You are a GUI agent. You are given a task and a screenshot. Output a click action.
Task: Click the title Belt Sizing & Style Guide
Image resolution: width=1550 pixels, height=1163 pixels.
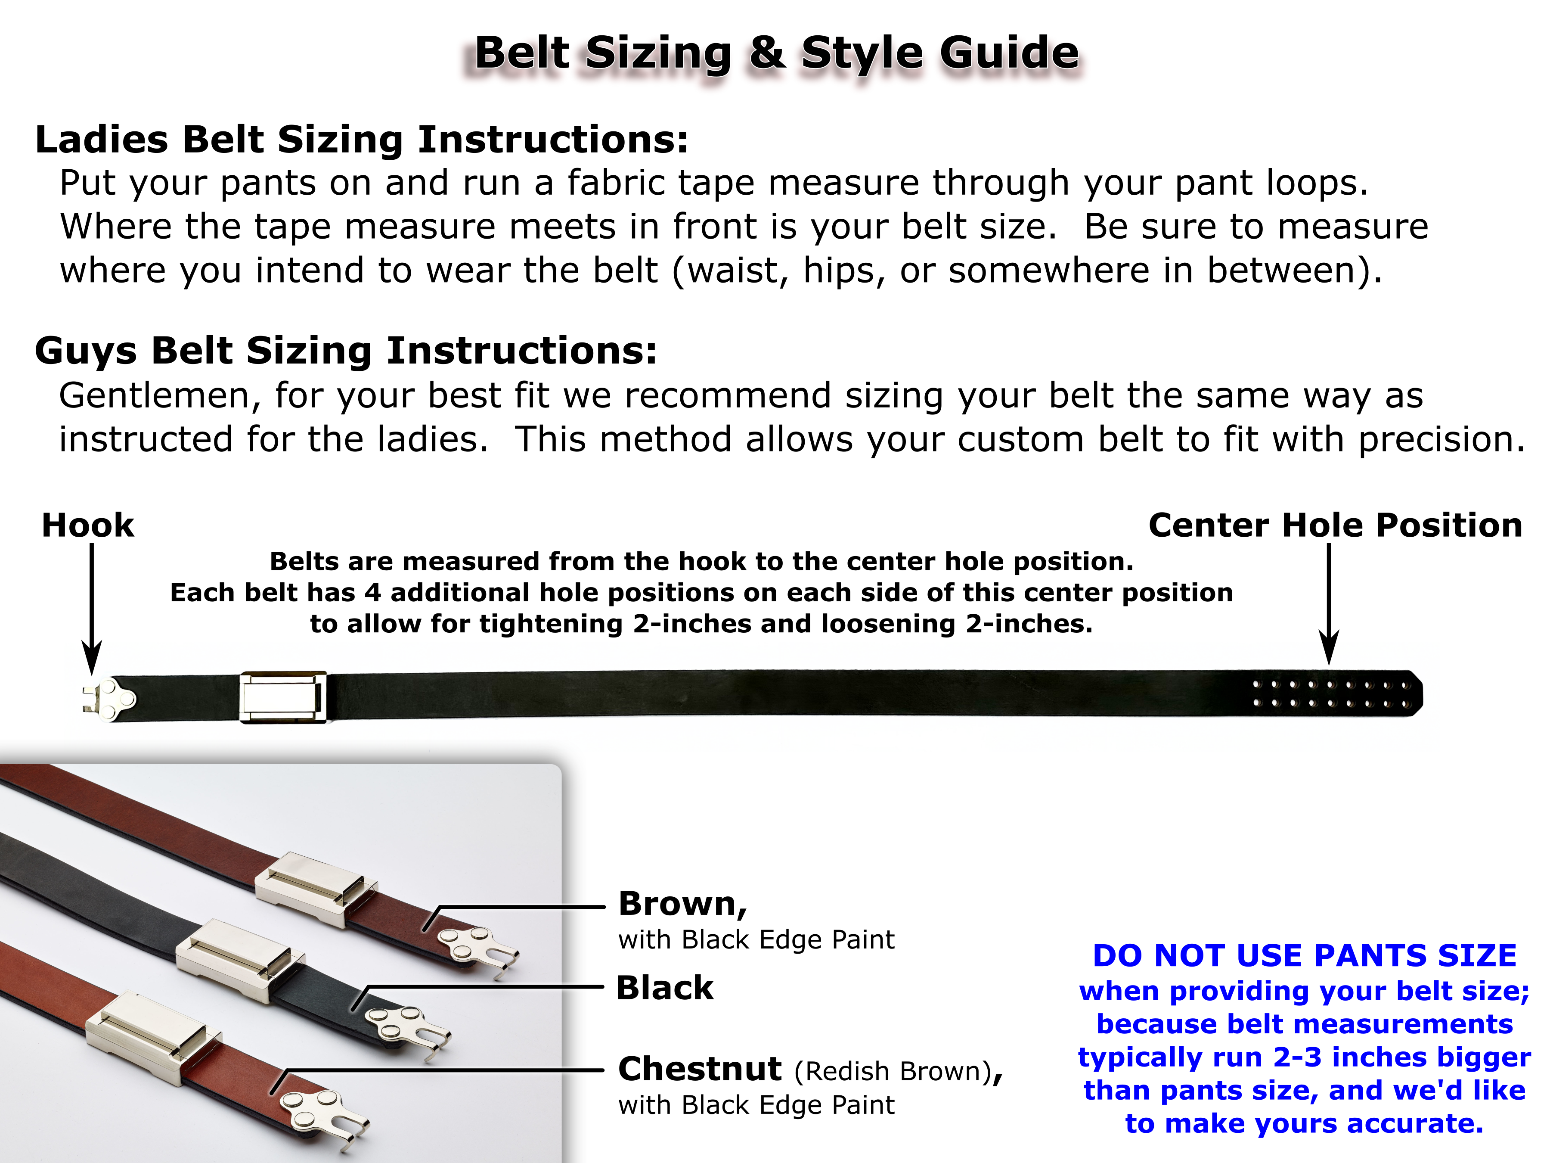(x=776, y=53)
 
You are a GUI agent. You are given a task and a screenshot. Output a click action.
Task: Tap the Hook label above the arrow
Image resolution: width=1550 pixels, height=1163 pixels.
(x=87, y=525)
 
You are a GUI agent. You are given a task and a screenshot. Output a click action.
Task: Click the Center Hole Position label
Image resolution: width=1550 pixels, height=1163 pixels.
(x=1335, y=525)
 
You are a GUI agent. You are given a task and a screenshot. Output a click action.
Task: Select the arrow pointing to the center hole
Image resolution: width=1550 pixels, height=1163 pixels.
(x=1329, y=603)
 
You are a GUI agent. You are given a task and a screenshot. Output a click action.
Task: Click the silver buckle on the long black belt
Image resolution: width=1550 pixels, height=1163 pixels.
(x=283, y=697)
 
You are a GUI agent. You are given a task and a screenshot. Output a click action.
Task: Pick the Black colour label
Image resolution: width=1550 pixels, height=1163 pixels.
(x=664, y=988)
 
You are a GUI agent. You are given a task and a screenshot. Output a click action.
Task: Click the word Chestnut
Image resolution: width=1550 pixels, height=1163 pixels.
(x=699, y=1069)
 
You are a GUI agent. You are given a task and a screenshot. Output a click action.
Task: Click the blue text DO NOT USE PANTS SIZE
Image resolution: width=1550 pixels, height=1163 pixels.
(x=1304, y=955)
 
